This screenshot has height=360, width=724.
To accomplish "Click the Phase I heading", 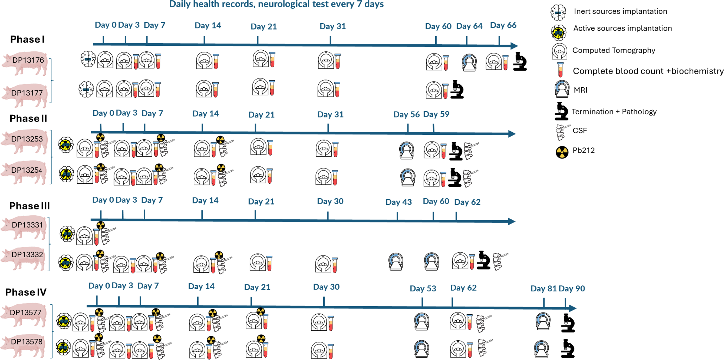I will point(27,39).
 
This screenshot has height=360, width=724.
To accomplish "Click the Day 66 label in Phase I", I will point(503,25).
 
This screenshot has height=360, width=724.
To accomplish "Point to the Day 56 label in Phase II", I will point(406,114).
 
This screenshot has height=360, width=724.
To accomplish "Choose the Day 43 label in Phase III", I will point(398,202).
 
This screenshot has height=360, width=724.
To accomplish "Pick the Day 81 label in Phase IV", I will point(543,289).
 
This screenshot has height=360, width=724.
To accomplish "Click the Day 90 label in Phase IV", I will point(572,289).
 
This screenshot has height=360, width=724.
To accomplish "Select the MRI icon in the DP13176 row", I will point(469,63).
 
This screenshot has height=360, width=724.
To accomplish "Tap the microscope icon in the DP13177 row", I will point(457,89).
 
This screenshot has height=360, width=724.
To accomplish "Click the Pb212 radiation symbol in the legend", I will point(562,152).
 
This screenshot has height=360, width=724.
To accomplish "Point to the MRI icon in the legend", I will point(562,89).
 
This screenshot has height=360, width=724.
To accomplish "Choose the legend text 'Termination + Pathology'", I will point(614,112).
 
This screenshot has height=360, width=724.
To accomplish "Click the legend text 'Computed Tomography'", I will point(613,50).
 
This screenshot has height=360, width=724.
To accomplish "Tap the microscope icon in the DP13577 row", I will point(568,323).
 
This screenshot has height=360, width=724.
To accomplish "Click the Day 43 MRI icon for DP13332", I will point(395,261).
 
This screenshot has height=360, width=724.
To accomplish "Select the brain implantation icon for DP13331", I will point(67,234).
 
